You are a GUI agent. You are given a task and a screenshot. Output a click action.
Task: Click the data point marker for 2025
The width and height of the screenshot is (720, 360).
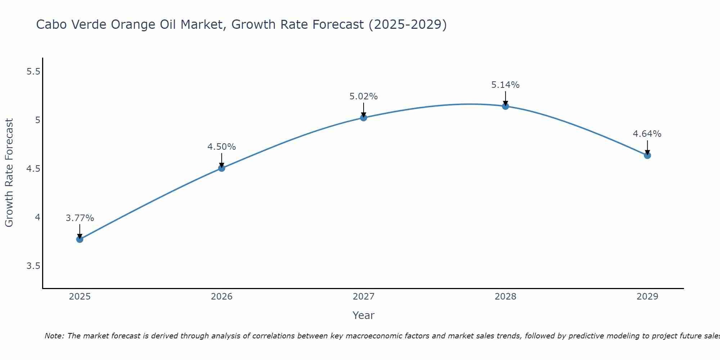pyautogui.click(x=80, y=239)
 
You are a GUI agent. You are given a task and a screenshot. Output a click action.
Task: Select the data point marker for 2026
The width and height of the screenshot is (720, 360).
pyautogui.click(x=222, y=168)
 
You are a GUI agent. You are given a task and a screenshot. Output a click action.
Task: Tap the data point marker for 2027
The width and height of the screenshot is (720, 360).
pyautogui.click(x=364, y=118)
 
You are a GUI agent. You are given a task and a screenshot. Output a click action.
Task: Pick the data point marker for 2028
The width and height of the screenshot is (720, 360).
pyautogui.click(x=505, y=106)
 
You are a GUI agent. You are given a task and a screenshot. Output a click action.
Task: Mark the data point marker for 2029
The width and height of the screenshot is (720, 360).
pyautogui.click(x=647, y=156)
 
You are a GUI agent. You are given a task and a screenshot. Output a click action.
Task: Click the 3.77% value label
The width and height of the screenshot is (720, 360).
pyautogui.click(x=80, y=218)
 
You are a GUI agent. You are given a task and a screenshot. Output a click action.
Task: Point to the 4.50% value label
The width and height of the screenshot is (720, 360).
pyautogui.click(x=222, y=147)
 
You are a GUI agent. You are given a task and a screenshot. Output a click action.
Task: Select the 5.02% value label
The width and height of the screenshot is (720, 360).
pyautogui.click(x=364, y=96)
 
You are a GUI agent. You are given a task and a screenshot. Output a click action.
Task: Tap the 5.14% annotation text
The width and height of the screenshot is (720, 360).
pyautogui.click(x=505, y=85)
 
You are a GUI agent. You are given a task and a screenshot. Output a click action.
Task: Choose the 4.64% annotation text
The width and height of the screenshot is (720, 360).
pyautogui.click(x=647, y=134)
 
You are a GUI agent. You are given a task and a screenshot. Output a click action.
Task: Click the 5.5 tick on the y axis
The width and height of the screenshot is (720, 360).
pyautogui.click(x=33, y=72)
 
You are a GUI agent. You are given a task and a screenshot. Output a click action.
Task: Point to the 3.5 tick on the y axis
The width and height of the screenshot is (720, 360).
pyautogui.click(x=33, y=266)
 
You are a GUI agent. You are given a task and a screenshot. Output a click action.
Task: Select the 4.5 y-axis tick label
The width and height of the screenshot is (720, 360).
pyautogui.click(x=33, y=169)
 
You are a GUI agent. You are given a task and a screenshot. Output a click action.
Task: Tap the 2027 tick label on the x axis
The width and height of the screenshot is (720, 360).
pyautogui.click(x=364, y=297)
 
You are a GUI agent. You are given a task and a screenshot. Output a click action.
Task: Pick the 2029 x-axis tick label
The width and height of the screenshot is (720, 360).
pyautogui.click(x=647, y=297)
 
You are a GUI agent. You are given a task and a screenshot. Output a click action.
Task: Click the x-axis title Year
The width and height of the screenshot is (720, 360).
pyautogui.click(x=364, y=315)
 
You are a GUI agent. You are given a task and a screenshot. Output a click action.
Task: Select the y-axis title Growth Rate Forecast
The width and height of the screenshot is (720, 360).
pyautogui.click(x=9, y=173)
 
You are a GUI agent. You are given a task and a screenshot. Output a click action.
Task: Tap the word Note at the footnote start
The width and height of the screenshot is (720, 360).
pyautogui.click(x=54, y=336)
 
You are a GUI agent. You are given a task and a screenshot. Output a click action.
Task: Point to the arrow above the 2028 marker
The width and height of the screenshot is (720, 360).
pyautogui.click(x=505, y=98)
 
